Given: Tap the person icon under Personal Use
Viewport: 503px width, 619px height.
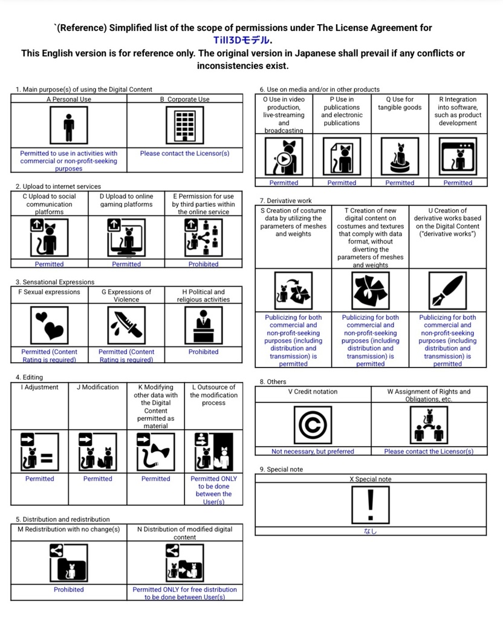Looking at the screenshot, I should [x=69, y=125].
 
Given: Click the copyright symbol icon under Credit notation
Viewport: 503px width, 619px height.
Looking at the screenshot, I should [x=312, y=424].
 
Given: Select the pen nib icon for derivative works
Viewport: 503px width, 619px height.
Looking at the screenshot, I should [x=447, y=290].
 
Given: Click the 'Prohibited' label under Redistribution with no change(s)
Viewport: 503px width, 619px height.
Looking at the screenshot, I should [x=69, y=589].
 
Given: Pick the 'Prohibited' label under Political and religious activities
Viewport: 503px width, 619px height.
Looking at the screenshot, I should [x=203, y=352].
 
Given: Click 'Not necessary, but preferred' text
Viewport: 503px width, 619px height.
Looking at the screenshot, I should [x=313, y=452].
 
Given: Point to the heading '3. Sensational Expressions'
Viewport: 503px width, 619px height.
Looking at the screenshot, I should [x=55, y=282].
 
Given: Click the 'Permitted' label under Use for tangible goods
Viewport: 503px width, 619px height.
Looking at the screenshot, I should [x=400, y=183].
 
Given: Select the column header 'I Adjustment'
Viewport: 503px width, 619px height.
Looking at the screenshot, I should [x=40, y=387].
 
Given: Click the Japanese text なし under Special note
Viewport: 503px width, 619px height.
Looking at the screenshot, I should [x=370, y=531].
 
